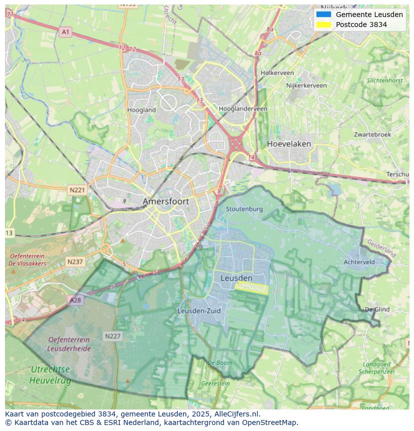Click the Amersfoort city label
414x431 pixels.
166,201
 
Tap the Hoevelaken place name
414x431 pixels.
288,144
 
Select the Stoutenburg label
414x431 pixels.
244,209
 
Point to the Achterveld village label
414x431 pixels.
359,262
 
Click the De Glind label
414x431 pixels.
377,309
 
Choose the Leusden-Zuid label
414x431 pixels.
199,311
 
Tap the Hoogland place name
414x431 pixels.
141,110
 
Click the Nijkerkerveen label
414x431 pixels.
306,86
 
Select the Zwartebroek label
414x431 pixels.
372,135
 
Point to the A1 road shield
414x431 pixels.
65,32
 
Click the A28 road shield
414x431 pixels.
75,300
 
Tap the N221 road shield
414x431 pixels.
77,190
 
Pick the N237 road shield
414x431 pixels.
75,262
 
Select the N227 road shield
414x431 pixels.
112,336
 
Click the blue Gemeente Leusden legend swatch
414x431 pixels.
323,15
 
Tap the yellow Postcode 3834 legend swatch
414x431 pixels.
323,25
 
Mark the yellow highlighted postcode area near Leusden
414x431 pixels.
252,288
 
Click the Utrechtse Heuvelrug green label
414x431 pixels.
50,374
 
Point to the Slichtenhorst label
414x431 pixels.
384,80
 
